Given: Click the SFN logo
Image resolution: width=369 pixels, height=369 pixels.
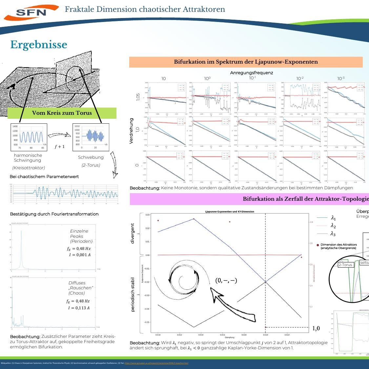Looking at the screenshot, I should coord(31,12).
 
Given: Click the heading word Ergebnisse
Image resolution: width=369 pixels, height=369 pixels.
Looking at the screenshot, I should coord(39,45).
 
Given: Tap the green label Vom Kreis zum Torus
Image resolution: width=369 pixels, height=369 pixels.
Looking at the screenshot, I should coord(62,113).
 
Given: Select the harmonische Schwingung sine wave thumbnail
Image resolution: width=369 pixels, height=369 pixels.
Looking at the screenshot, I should coord(29,137).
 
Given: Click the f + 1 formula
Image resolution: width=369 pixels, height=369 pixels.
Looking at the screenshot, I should coord(60,147).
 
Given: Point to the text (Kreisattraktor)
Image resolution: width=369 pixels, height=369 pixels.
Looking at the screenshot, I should coord(29,168).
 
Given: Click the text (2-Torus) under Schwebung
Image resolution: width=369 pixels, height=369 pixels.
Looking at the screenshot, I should coord(91,165).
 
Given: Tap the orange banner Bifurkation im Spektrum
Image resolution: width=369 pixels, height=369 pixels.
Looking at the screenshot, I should coord(246,62).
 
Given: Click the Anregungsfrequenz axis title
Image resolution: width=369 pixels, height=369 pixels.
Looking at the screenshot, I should coord(252,73).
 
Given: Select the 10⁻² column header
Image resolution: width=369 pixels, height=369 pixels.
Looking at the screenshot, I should coord(300,78).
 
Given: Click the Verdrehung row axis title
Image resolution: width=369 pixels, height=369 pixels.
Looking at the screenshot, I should coord(132,131).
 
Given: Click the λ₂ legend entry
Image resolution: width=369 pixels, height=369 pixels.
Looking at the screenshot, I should coord(333,226).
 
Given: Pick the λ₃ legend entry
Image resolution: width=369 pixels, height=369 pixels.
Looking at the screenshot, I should coord(333,234).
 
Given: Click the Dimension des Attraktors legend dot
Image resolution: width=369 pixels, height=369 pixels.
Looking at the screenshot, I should coord(318,245).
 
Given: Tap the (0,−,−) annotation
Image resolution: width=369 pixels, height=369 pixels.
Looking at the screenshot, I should coord(226,280).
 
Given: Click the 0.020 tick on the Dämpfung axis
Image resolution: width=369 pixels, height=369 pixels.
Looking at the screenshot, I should coord(265,335).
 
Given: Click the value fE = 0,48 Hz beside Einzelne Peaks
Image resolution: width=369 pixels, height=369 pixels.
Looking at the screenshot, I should coord(79,249).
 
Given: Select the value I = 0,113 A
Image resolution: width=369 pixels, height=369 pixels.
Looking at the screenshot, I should coord(79,308).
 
